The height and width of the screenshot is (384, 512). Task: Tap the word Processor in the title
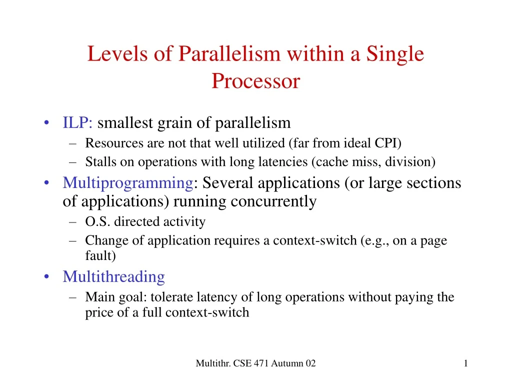tap(255, 80)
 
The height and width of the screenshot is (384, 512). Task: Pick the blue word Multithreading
tap(113, 276)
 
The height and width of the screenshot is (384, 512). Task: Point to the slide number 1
tap(465, 363)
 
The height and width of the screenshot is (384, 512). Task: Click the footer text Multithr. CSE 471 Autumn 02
tap(255, 363)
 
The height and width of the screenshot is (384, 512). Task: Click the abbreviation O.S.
tap(98, 221)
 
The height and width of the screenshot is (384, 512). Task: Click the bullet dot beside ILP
tap(46, 123)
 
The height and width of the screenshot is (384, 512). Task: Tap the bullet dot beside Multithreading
tap(46, 277)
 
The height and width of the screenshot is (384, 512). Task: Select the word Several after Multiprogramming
tap(229, 183)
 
